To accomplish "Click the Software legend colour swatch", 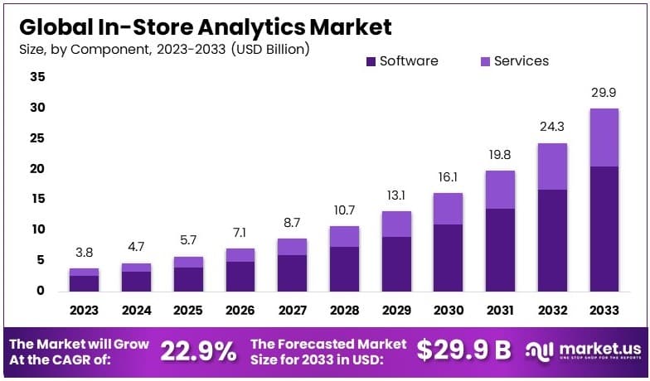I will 370,61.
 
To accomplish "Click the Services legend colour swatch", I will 484,61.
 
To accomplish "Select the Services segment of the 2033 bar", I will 603,137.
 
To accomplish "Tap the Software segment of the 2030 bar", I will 449,257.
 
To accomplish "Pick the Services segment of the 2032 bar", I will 552,166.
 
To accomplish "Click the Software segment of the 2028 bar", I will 344,268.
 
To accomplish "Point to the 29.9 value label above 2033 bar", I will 603,94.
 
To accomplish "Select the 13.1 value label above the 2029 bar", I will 396,196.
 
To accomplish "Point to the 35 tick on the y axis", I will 38,77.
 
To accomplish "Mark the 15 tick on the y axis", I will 38,199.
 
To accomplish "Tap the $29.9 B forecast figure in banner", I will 463,350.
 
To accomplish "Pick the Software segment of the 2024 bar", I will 136,281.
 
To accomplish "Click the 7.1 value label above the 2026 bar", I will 240,233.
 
